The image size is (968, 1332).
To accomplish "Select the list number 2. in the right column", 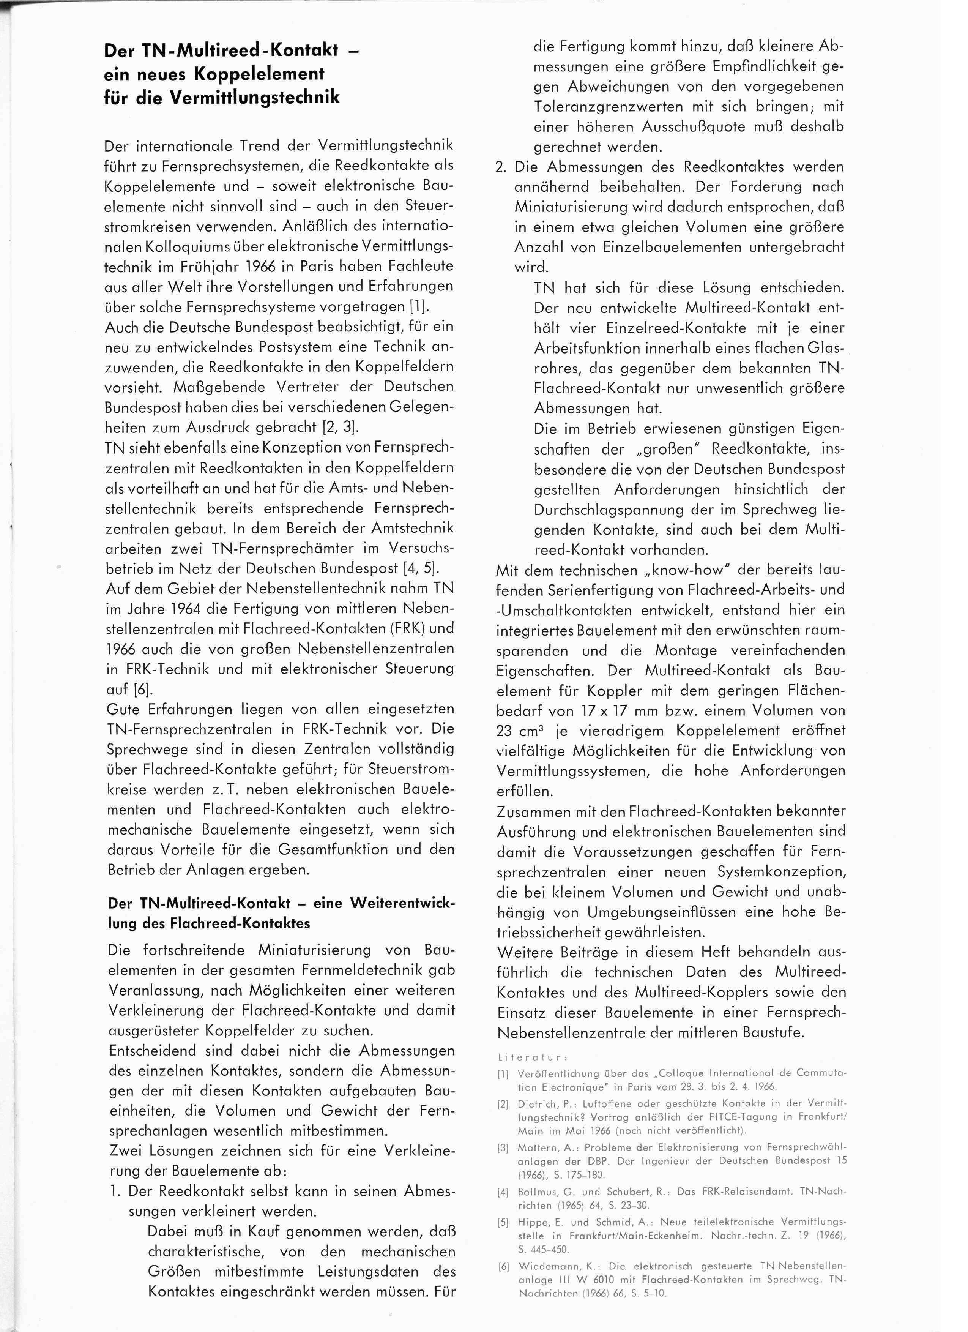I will pyautogui.click(x=501, y=167).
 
